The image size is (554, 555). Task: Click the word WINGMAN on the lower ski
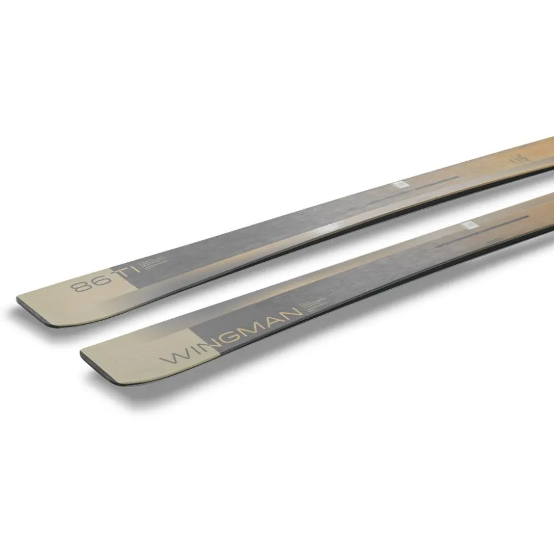231,335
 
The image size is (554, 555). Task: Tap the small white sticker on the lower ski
469,224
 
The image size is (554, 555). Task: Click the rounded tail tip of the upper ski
29,306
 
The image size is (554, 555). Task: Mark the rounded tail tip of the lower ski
91,359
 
